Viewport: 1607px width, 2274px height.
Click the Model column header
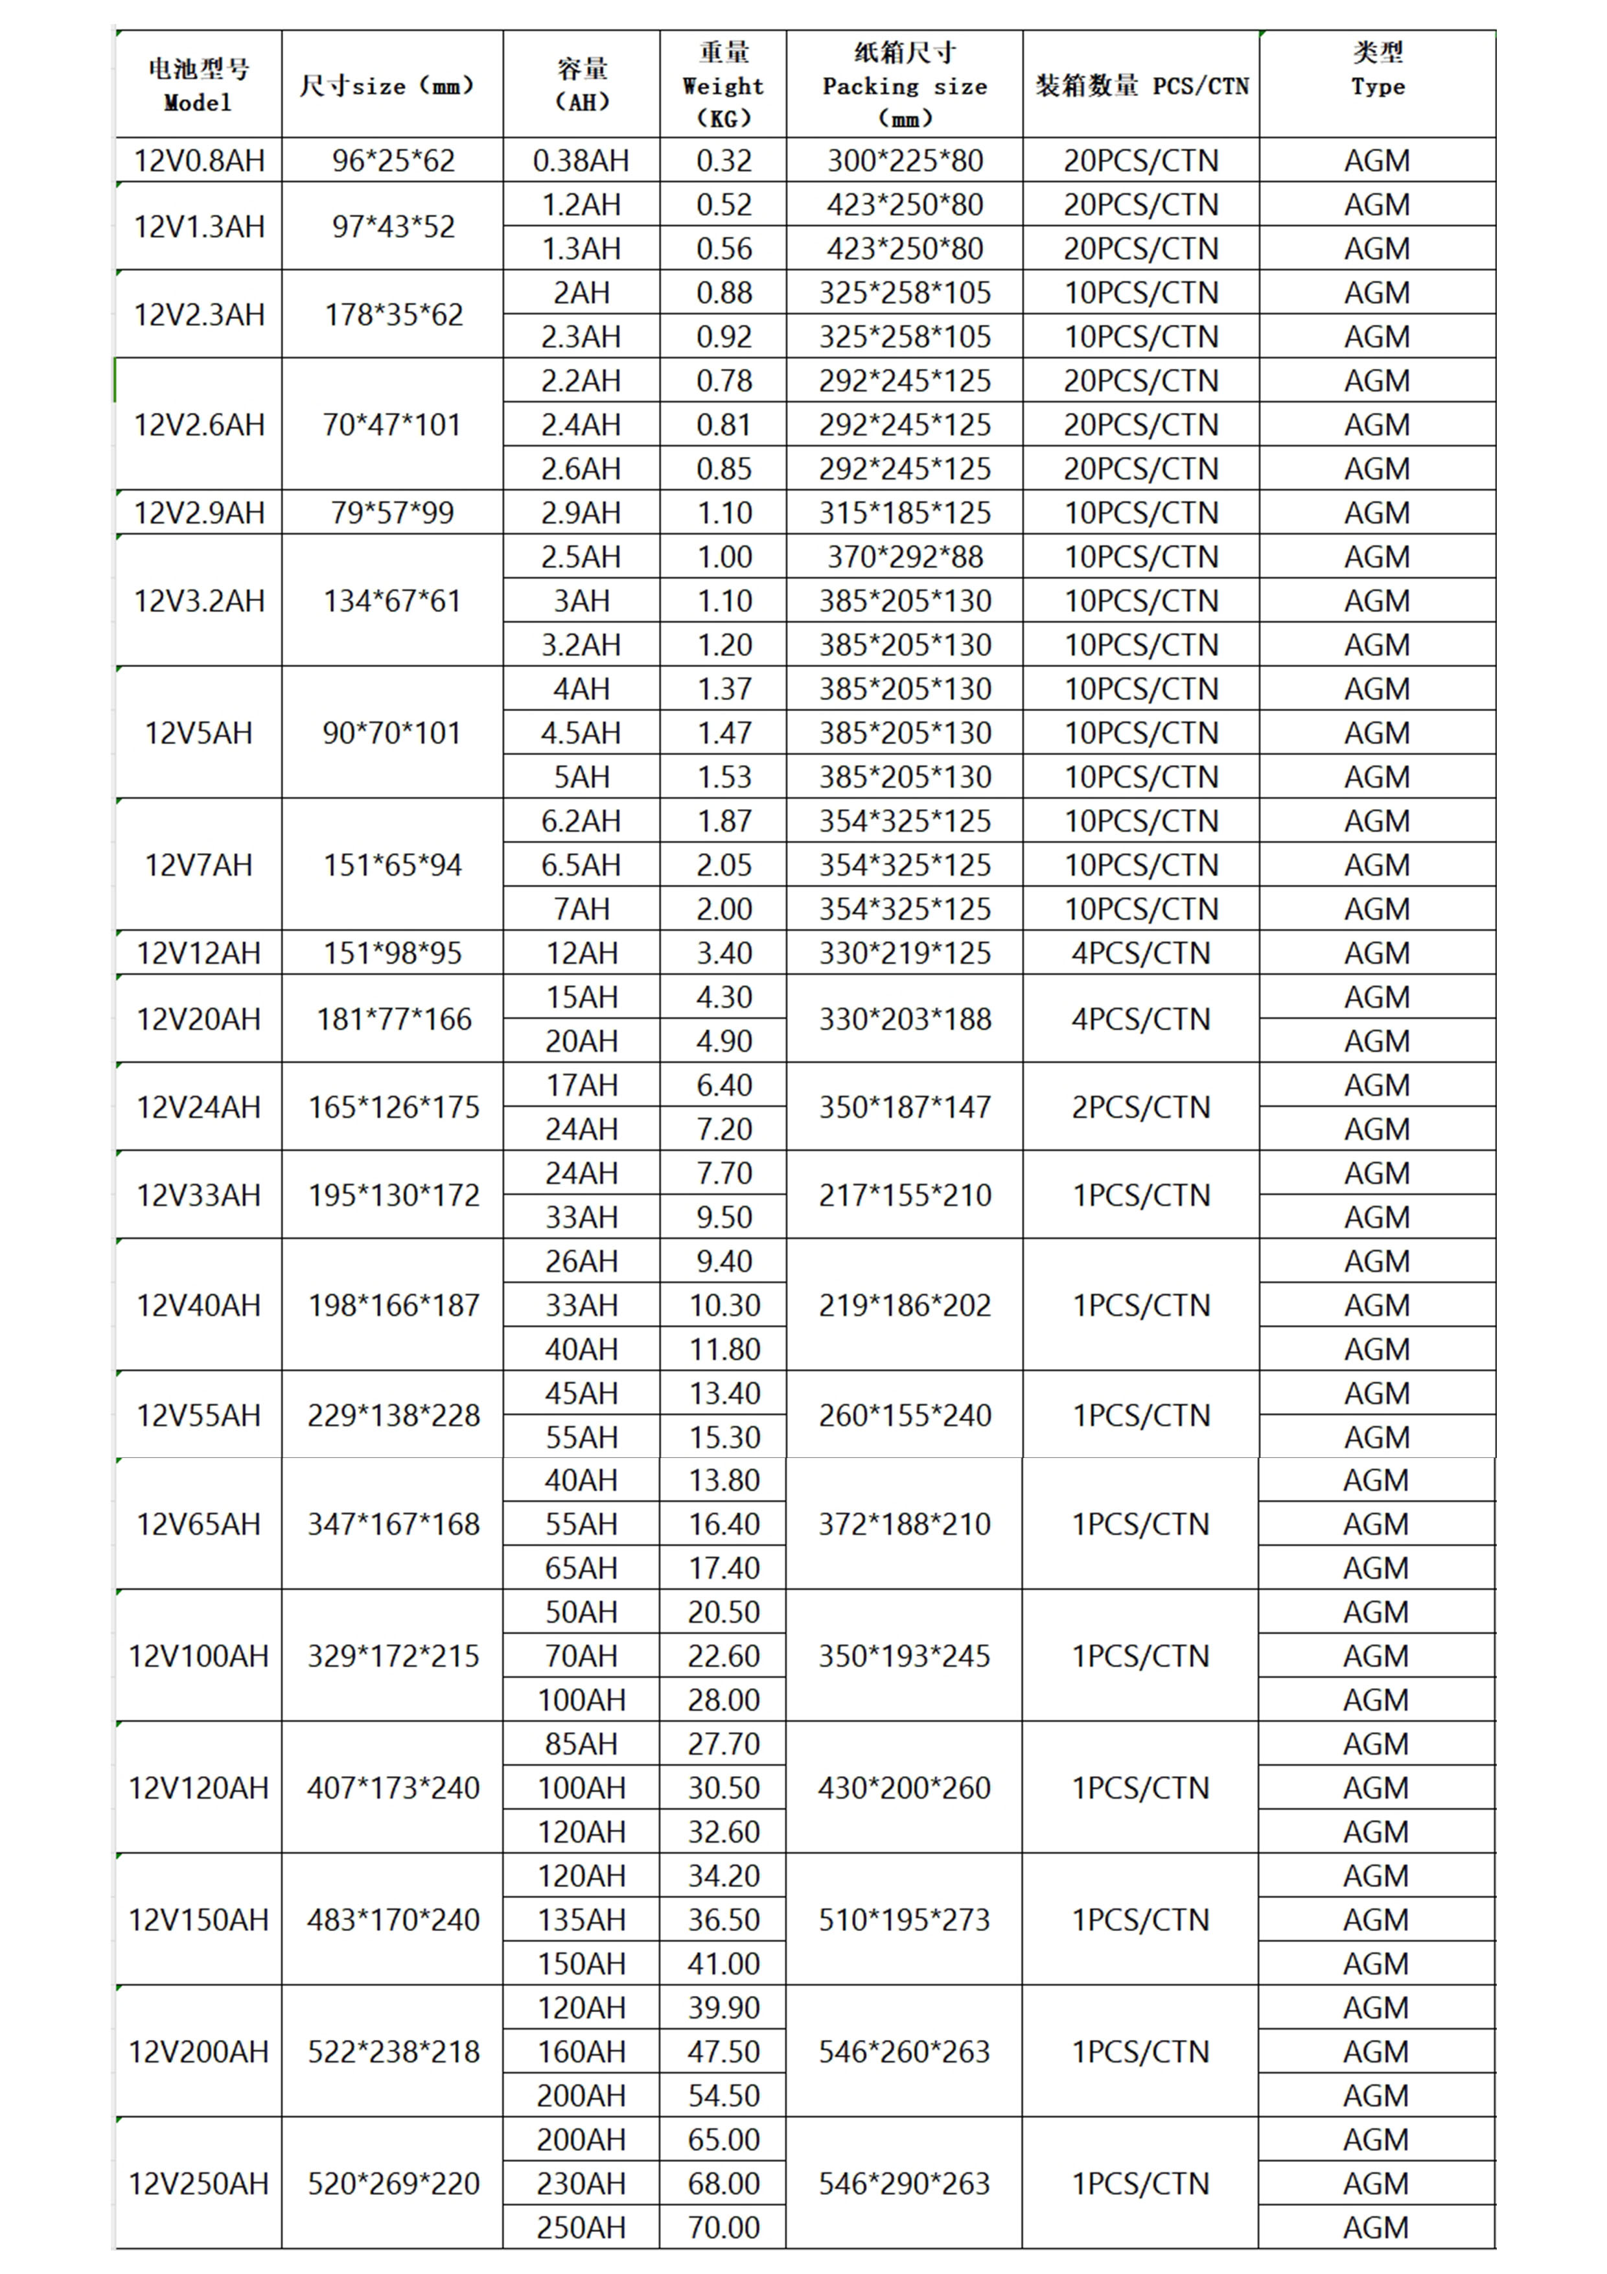point(198,85)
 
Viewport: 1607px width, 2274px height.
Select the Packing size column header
point(904,85)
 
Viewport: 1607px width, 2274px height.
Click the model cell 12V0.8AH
point(199,161)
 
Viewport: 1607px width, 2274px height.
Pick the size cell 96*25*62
point(393,161)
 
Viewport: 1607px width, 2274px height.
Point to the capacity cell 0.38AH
point(581,161)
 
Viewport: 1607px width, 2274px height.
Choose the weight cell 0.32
point(724,161)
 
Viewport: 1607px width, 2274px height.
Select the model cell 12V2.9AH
point(199,513)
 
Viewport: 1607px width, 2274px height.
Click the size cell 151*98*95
point(393,953)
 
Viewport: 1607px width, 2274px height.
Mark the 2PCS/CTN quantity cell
point(1140,1107)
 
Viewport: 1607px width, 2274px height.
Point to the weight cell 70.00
point(724,2227)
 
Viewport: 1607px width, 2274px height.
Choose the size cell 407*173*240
point(393,1788)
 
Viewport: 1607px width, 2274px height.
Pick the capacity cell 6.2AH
point(581,821)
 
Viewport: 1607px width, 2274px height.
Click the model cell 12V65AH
point(199,1523)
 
